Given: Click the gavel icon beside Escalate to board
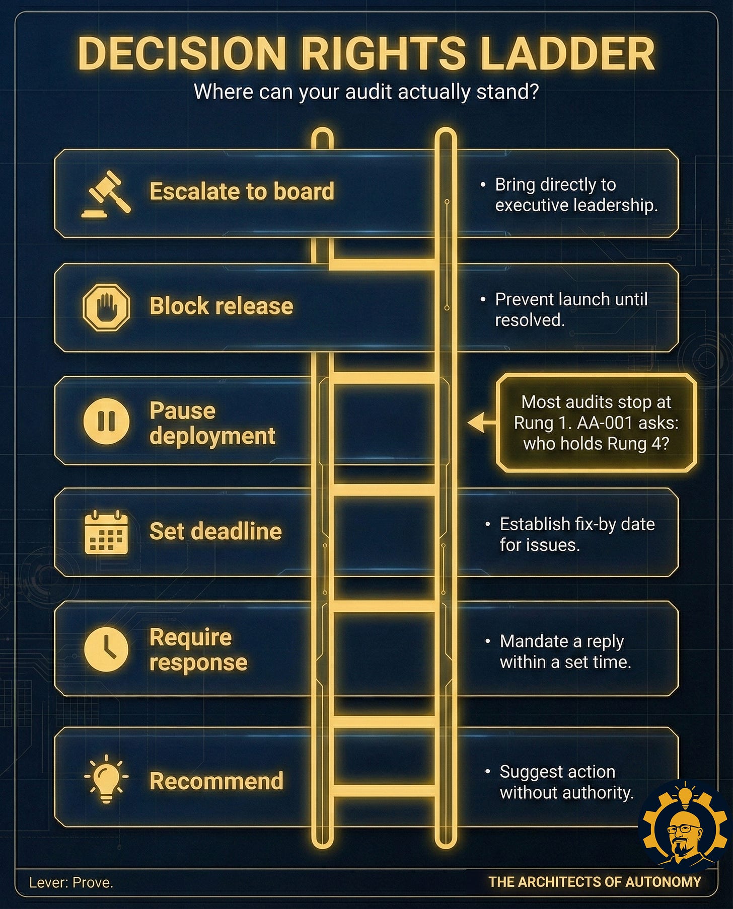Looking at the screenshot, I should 106,194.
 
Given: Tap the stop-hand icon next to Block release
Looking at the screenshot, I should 106,307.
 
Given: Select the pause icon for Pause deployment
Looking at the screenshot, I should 106,421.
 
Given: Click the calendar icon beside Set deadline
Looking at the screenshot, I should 106,533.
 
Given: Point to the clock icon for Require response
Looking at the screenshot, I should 106,649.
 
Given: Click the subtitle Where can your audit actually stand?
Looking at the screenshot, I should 366,92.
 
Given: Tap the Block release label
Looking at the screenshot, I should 221,306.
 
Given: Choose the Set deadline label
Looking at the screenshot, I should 215,531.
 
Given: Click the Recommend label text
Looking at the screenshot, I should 216,781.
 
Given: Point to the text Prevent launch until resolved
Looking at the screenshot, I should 571,309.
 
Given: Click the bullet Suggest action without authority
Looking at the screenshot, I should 566,782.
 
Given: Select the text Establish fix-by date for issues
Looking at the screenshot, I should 576,534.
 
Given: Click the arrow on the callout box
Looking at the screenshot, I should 479,423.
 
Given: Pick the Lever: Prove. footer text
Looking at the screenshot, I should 71,882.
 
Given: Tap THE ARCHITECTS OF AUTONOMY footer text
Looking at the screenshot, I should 595,882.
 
